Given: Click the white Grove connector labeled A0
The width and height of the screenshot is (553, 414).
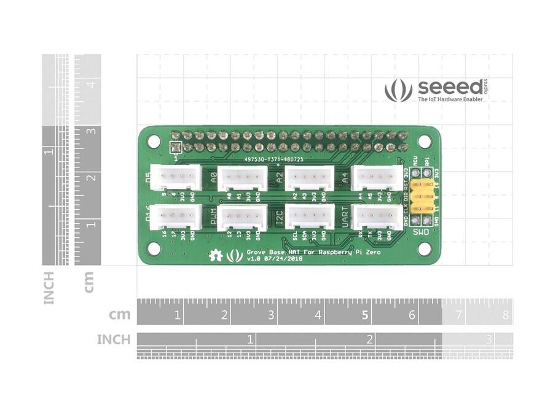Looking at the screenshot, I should [x=242, y=178].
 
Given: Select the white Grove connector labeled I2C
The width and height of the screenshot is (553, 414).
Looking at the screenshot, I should [x=310, y=217].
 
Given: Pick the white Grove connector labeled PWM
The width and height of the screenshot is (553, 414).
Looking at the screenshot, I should [x=242, y=217].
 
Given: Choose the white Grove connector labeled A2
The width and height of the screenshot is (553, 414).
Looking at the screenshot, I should [x=310, y=178].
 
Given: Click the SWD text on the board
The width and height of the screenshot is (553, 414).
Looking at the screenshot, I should [x=421, y=232].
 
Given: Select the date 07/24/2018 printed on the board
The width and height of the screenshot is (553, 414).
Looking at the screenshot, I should [x=284, y=259].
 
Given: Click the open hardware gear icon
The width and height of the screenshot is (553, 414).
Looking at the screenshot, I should [x=216, y=256].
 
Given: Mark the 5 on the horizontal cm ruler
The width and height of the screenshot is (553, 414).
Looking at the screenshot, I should [x=365, y=315].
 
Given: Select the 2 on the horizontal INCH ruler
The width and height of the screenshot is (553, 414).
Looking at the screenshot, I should [x=370, y=339].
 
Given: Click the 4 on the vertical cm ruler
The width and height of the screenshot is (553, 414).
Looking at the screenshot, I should [x=90, y=84].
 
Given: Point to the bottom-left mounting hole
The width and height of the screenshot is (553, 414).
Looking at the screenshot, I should [x=155, y=248].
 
